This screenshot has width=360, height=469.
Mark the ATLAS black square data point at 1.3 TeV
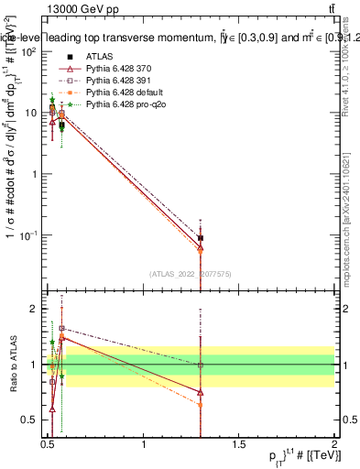[x=201, y=238]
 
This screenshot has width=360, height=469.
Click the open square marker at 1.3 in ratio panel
[x=201, y=365]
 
